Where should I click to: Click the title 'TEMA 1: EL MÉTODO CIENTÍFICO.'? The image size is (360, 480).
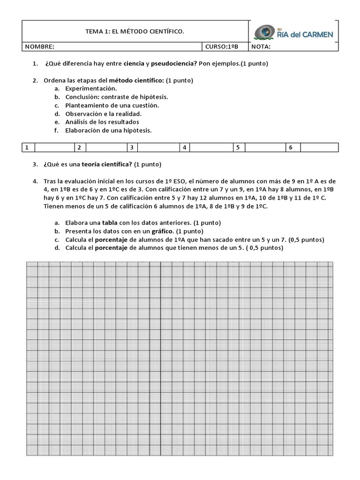click(x=135, y=31)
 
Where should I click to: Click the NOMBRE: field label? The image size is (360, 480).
click(x=39, y=47)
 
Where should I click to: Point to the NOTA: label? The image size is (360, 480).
click(x=262, y=47)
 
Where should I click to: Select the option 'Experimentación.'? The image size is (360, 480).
click(x=91, y=88)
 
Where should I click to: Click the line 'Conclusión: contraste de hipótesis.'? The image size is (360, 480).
click(x=116, y=97)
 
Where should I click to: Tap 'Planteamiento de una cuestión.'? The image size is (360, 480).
click(x=112, y=105)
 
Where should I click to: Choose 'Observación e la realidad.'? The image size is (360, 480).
click(x=103, y=113)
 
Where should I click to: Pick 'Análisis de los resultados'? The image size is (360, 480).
click(x=102, y=122)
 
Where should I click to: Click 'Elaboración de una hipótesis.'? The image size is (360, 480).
click(x=108, y=130)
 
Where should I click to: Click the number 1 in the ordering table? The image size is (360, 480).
click(x=27, y=148)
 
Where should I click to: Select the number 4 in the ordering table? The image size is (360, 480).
click(x=185, y=148)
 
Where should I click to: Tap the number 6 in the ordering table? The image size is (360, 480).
click(x=291, y=148)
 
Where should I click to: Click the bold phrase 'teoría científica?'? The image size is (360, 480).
click(x=107, y=165)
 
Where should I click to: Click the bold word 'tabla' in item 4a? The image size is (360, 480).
click(x=110, y=223)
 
